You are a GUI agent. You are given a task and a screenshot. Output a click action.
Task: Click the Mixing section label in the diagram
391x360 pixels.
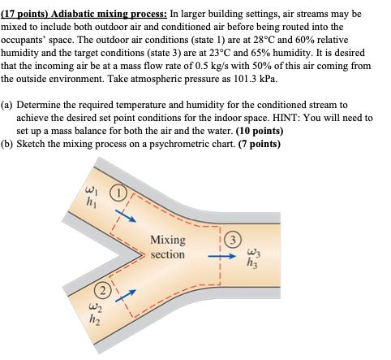(167, 247)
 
